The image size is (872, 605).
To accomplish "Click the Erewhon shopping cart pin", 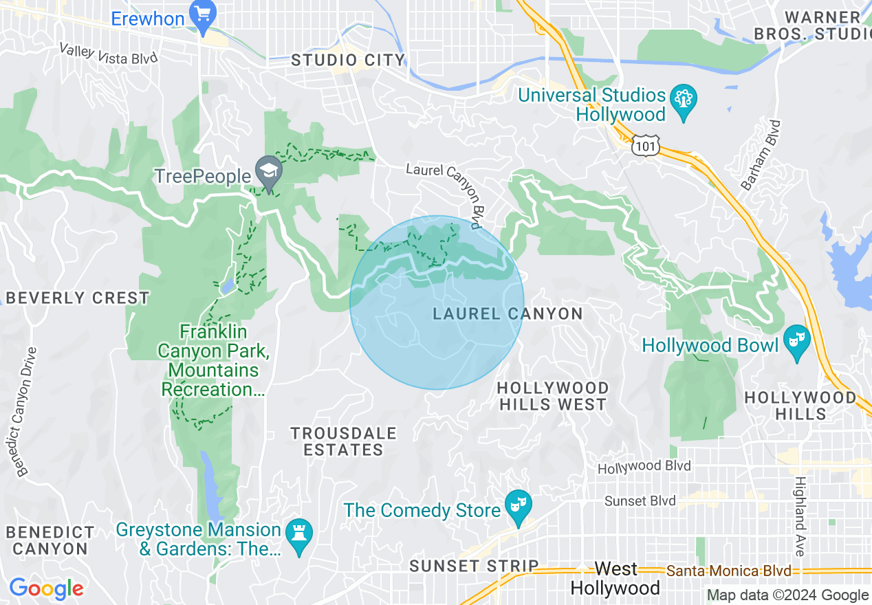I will tap(203, 16).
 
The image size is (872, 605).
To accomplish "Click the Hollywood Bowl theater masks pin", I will tap(797, 344).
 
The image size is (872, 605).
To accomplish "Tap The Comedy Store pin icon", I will tap(516, 508).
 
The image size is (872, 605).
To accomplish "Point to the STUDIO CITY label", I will tap(348, 60).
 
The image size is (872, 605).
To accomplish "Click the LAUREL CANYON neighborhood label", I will tap(508, 314).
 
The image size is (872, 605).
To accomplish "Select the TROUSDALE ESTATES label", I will tap(343, 441).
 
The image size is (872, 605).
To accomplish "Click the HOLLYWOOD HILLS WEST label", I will tap(552, 397).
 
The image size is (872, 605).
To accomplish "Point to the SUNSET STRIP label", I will tap(474, 566).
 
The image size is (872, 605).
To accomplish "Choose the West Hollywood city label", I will tap(615, 579).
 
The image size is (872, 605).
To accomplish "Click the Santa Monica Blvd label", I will tap(728, 571).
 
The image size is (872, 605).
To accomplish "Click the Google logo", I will tap(46, 588).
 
